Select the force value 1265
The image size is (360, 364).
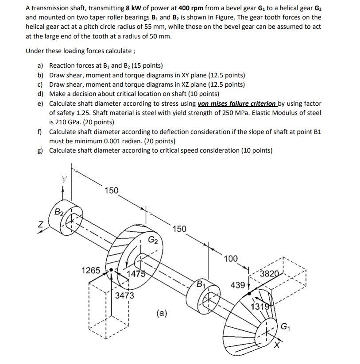pyautogui.click(x=91, y=270)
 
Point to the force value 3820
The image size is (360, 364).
pyautogui.click(x=269, y=273)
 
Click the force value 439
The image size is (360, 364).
pyautogui.click(x=238, y=285)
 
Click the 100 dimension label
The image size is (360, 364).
pyautogui.click(x=230, y=258)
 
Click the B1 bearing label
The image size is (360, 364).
pyautogui.click(x=202, y=283)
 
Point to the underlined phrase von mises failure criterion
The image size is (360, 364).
pyautogui.click(x=238, y=103)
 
